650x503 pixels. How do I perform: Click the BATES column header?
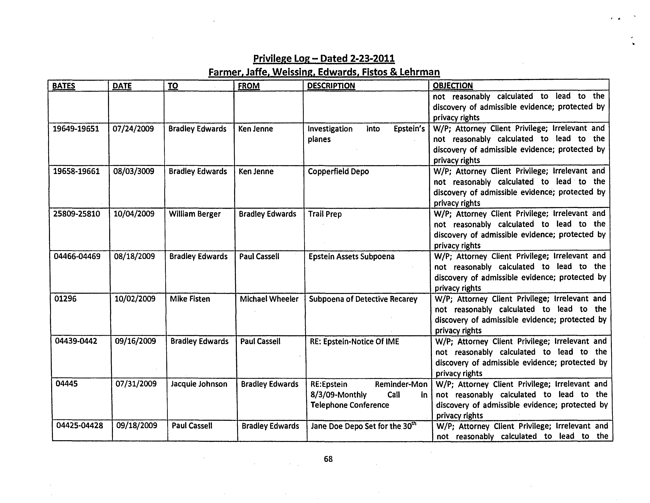64,86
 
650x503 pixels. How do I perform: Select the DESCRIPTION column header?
331,86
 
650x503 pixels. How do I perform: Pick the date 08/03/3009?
134,171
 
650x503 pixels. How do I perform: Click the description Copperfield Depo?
338,171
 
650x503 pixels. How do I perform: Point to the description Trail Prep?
325,214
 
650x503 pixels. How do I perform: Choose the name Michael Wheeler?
269,299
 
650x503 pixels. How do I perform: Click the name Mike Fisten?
190,299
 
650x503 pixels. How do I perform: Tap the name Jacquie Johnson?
199,384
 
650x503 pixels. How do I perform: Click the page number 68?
328,459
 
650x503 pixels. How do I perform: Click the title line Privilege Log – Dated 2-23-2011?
324,58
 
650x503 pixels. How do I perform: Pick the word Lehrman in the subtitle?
419,72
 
